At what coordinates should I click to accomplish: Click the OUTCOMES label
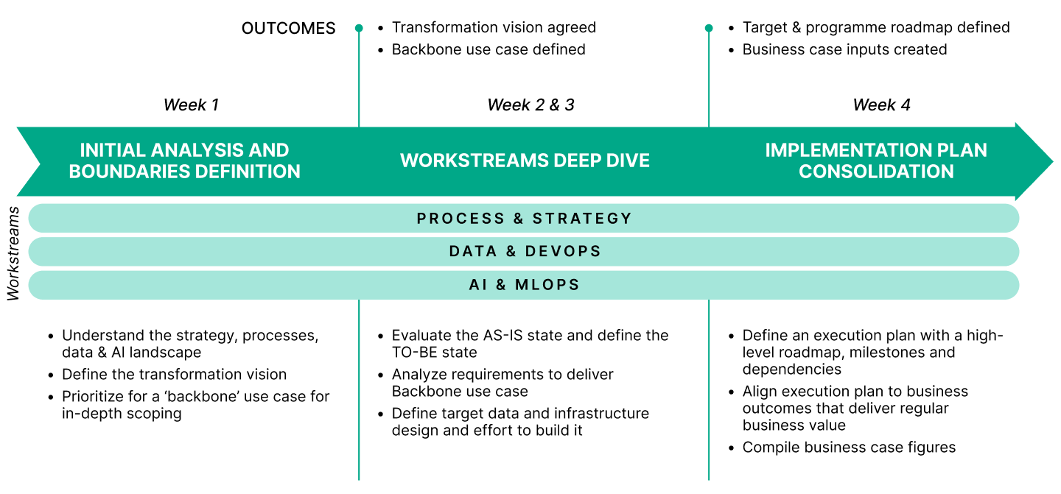[x=288, y=29]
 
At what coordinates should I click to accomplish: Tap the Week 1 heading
[x=191, y=105]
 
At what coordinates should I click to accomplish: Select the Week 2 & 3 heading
[x=530, y=105]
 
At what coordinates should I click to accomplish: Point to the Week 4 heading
[x=881, y=105]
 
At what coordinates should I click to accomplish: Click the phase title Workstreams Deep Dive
[x=525, y=160]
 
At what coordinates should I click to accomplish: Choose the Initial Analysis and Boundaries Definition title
[x=184, y=160]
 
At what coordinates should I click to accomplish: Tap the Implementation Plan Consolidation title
[x=876, y=160]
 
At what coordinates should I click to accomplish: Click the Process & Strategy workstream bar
[x=524, y=219]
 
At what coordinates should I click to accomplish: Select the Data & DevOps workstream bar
[x=524, y=252]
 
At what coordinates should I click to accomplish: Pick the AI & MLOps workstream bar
[x=524, y=285]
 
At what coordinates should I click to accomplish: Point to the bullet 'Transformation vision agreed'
[x=494, y=28]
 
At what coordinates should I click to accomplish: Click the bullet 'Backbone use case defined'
[x=489, y=50]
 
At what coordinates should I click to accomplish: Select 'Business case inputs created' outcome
[x=844, y=50]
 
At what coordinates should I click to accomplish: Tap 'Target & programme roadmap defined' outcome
[x=876, y=28]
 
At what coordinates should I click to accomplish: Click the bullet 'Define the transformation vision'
[x=174, y=375]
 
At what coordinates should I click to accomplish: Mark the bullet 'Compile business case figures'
[x=849, y=448]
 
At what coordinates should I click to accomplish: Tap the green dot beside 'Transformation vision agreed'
[x=359, y=29]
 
